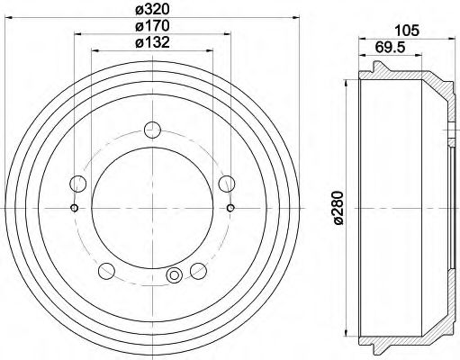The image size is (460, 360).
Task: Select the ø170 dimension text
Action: (x=151, y=28)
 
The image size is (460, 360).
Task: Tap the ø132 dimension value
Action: (x=151, y=44)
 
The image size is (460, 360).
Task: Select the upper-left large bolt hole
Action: (x=79, y=184)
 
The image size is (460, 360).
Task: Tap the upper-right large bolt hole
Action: (x=226, y=184)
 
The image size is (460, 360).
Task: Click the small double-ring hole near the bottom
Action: (x=176, y=274)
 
